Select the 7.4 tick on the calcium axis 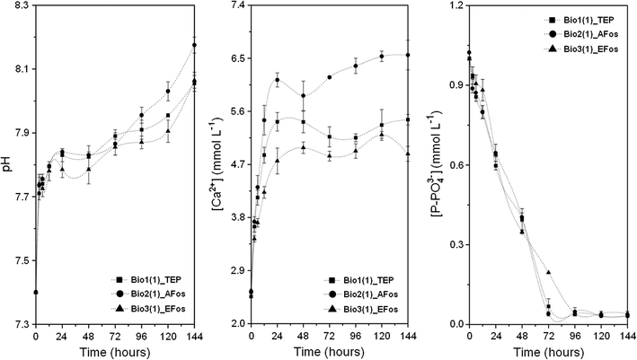point(236,6)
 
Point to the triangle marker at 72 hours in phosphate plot point(548,272)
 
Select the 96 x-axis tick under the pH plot point(141,336)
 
